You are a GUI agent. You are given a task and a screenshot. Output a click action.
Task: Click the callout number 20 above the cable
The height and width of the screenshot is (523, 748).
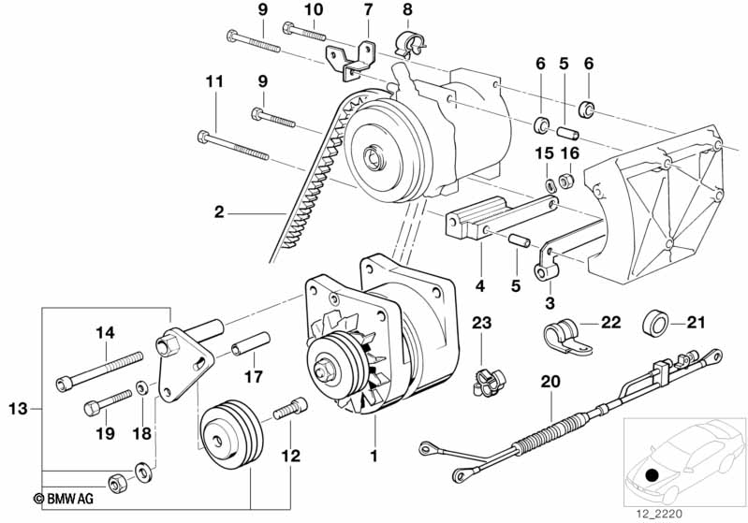click(550, 382)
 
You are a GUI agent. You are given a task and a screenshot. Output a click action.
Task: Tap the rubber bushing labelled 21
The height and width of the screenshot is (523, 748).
click(654, 323)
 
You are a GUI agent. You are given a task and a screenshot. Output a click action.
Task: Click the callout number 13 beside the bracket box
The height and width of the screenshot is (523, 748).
click(18, 409)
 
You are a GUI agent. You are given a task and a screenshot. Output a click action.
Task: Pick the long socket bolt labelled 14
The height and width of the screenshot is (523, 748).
click(98, 371)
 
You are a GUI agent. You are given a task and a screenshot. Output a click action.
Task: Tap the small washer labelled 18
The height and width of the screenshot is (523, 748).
click(141, 387)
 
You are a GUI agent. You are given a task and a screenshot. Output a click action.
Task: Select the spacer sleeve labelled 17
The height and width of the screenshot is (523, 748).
click(251, 343)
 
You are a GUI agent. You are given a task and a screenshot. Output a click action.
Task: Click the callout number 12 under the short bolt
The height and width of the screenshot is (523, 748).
click(290, 457)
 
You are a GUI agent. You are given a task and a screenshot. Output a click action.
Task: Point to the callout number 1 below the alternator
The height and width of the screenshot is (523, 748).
click(374, 456)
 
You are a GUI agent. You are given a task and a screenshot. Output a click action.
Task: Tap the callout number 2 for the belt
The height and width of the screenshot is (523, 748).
click(218, 211)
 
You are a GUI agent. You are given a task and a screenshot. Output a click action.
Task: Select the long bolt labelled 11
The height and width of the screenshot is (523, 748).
click(233, 146)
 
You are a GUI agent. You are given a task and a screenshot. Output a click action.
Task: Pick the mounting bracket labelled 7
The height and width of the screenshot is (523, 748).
click(351, 61)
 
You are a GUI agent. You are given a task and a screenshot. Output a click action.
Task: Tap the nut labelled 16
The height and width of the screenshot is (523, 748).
click(565, 181)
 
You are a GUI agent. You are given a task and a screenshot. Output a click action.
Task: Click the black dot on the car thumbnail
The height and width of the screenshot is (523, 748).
click(652, 475)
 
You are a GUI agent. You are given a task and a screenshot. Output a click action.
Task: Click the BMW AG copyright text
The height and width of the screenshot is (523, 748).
click(64, 499)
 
